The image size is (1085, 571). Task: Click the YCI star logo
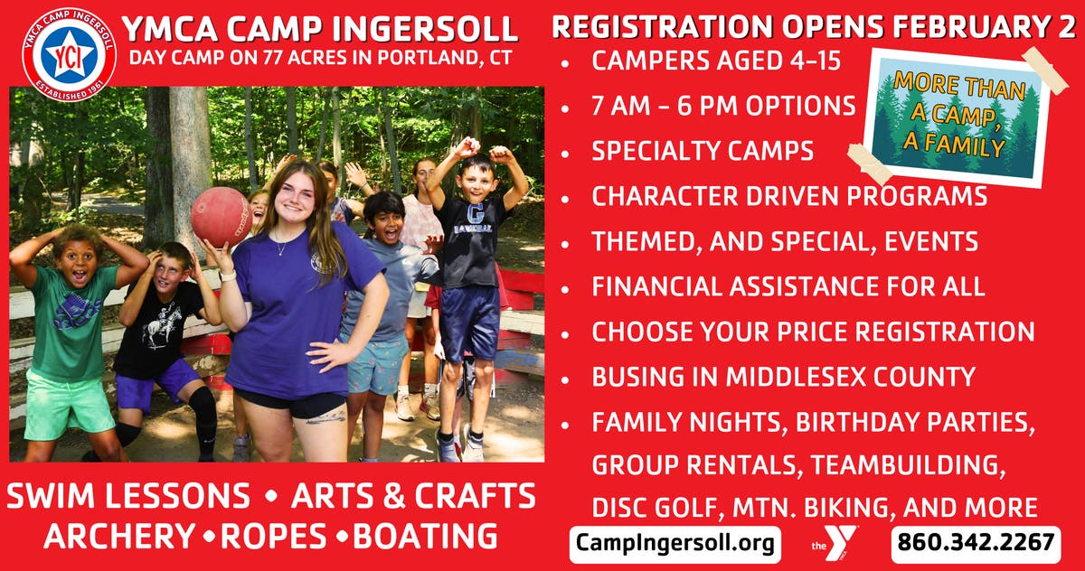pyautogui.click(x=69, y=54)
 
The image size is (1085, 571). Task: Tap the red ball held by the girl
pyautogui.click(x=221, y=216)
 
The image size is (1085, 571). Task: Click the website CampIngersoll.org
pyautogui.click(x=675, y=544)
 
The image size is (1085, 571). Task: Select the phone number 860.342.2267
pyautogui.click(x=975, y=544)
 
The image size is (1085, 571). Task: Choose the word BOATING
pyautogui.click(x=425, y=536)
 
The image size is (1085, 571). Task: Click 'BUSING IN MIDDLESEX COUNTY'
pyautogui.click(x=783, y=377)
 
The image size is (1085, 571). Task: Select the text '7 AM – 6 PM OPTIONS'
pyautogui.click(x=723, y=107)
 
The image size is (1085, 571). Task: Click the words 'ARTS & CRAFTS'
pyautogui.click(x=413, y=495)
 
